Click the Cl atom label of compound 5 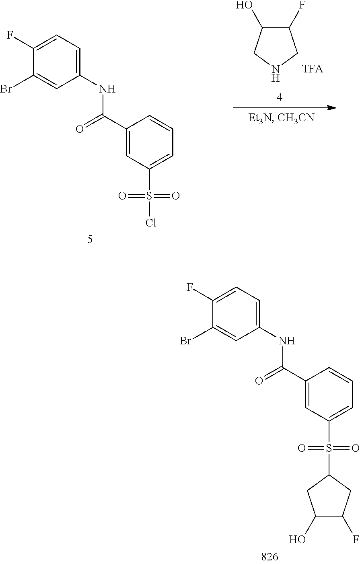click(151, 222)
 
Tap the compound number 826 click(269, 556)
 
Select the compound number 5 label click(90, 239)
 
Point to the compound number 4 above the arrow click(280, 97)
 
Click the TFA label click(312, 68)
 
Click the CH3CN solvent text click(296, 118)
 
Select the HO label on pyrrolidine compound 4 click(244, 5)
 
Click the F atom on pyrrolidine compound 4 click(302, 5)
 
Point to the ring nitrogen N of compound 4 click(276, 69)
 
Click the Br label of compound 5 click(6, 89)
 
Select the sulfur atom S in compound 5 click(149, 196)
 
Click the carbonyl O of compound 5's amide click(80, 129)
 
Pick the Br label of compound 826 click(185, 341)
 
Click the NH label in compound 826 click(286, 341)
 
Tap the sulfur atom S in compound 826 click(329, 448)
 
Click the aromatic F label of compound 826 click(189, 287)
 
